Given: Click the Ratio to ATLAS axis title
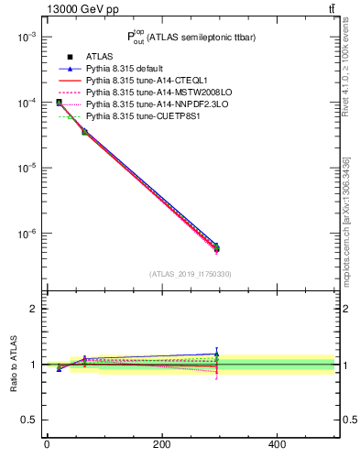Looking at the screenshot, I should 13,363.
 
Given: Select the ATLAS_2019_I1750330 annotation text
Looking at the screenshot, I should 191,274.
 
